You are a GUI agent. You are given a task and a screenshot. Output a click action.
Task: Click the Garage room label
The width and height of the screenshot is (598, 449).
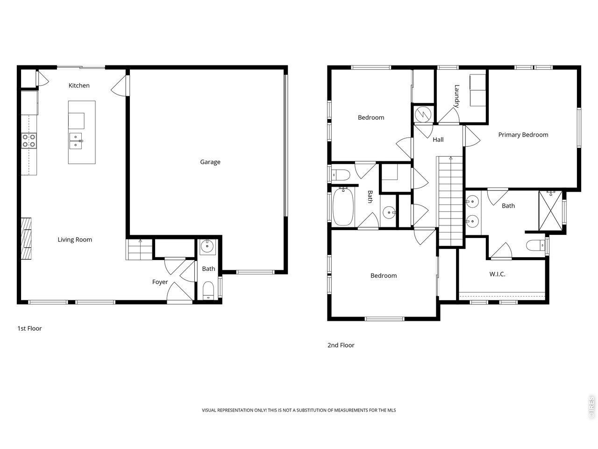point(210,162)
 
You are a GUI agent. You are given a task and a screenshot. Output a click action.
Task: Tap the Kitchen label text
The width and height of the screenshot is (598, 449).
point(79,86)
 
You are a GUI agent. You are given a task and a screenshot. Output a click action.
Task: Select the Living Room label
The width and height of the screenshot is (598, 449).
point(75,239)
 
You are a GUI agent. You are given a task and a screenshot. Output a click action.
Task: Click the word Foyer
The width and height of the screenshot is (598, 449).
point(160,282)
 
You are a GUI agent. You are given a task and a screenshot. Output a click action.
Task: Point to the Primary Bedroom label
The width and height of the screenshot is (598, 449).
point(523,135)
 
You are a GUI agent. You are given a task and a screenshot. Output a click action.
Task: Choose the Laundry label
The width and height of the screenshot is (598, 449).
point(457,96)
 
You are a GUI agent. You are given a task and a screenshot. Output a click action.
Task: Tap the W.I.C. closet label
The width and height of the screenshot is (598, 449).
point(497,274)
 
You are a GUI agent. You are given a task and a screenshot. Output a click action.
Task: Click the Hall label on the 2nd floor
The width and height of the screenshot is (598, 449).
point(438,139)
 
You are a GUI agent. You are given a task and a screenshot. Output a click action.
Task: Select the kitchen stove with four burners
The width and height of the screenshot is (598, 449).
point(28,141)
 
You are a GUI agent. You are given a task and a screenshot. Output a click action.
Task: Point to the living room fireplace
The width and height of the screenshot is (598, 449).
point(27,239)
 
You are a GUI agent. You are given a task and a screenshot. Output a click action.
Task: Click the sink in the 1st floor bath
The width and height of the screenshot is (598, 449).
point(207,246)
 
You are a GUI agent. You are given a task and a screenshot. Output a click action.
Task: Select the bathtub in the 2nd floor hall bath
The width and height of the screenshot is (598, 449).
point(344,206)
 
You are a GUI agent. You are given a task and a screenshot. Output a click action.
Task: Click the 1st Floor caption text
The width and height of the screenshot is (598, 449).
point(29,328)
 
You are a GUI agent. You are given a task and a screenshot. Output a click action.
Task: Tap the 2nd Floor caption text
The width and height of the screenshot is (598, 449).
point(341,345)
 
